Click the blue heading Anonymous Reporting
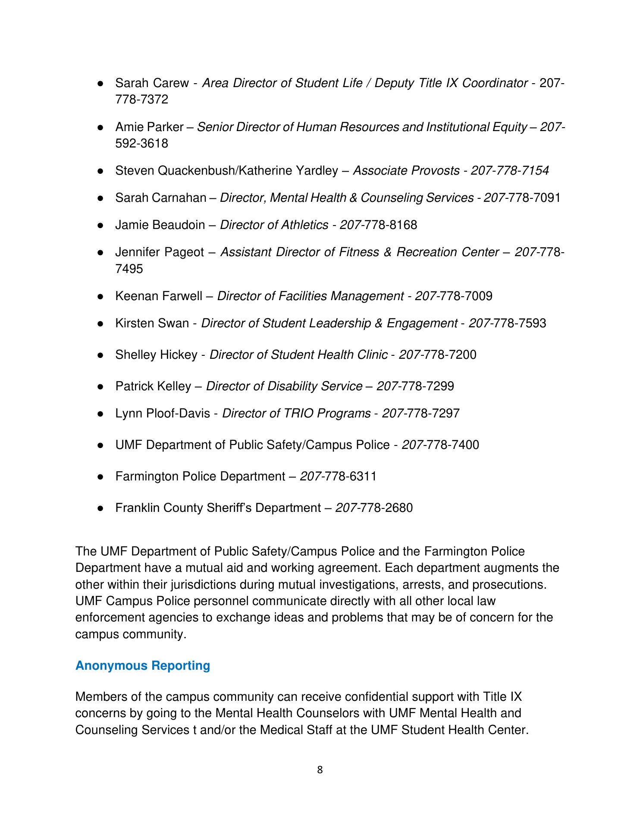point(142,665)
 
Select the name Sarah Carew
point(152,83)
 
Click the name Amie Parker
point(149,127)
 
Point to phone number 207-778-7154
point(509,171)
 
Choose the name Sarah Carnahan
point(160,198)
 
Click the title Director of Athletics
point(274,225)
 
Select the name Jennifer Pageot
point(159,252)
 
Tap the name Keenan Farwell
point(158,296)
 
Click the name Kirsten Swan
point(152,323)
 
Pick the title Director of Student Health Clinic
point(298,354)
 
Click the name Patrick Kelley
point(153,386)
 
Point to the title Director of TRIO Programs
point(296,413)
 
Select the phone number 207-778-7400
point(440,445)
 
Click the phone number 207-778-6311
point(338,476)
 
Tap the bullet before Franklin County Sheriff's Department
point(100,508)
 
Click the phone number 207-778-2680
point(374,508)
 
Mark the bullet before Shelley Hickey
point(100,355)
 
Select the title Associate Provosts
point(406,171)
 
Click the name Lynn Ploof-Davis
point(163,413)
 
